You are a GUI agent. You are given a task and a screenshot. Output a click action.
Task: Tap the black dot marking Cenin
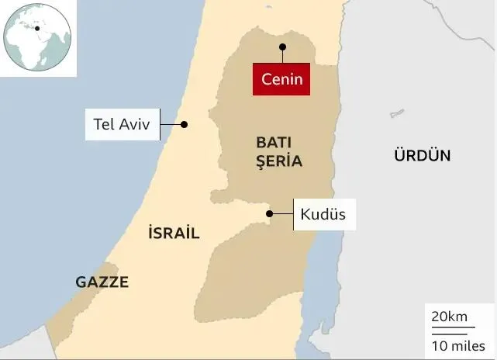click(x=282, y=47)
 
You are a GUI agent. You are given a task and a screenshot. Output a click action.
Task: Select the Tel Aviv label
click(x=122, y=124)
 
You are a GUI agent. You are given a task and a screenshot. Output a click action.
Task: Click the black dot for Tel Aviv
click(x=184, y=124)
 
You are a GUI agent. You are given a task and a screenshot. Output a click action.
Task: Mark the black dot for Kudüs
click(x=269, y=213)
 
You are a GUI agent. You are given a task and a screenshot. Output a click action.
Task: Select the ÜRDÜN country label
click(x=422, y=155)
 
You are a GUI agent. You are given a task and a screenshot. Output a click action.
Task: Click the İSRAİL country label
click(x=173, y=233)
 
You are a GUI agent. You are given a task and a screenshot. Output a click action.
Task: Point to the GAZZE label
click(x=102, y=282)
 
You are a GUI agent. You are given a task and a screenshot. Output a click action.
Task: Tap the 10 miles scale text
click(x=457, y=344)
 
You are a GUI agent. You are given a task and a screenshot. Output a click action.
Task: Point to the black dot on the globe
click(x=36, y=28)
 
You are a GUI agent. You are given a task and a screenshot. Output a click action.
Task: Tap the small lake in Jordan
click(x=397, y=113)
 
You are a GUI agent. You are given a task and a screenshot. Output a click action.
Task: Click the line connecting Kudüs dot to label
click(x=282, y=213)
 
